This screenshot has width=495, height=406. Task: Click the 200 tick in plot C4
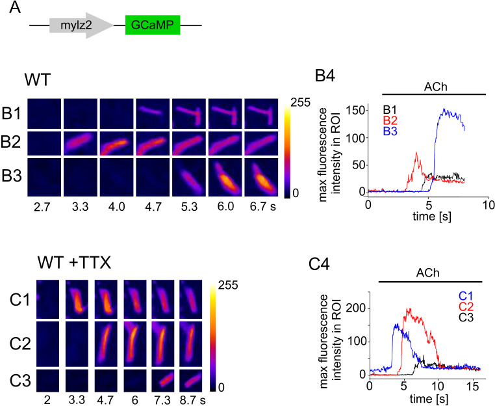click(x=354, y=308)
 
